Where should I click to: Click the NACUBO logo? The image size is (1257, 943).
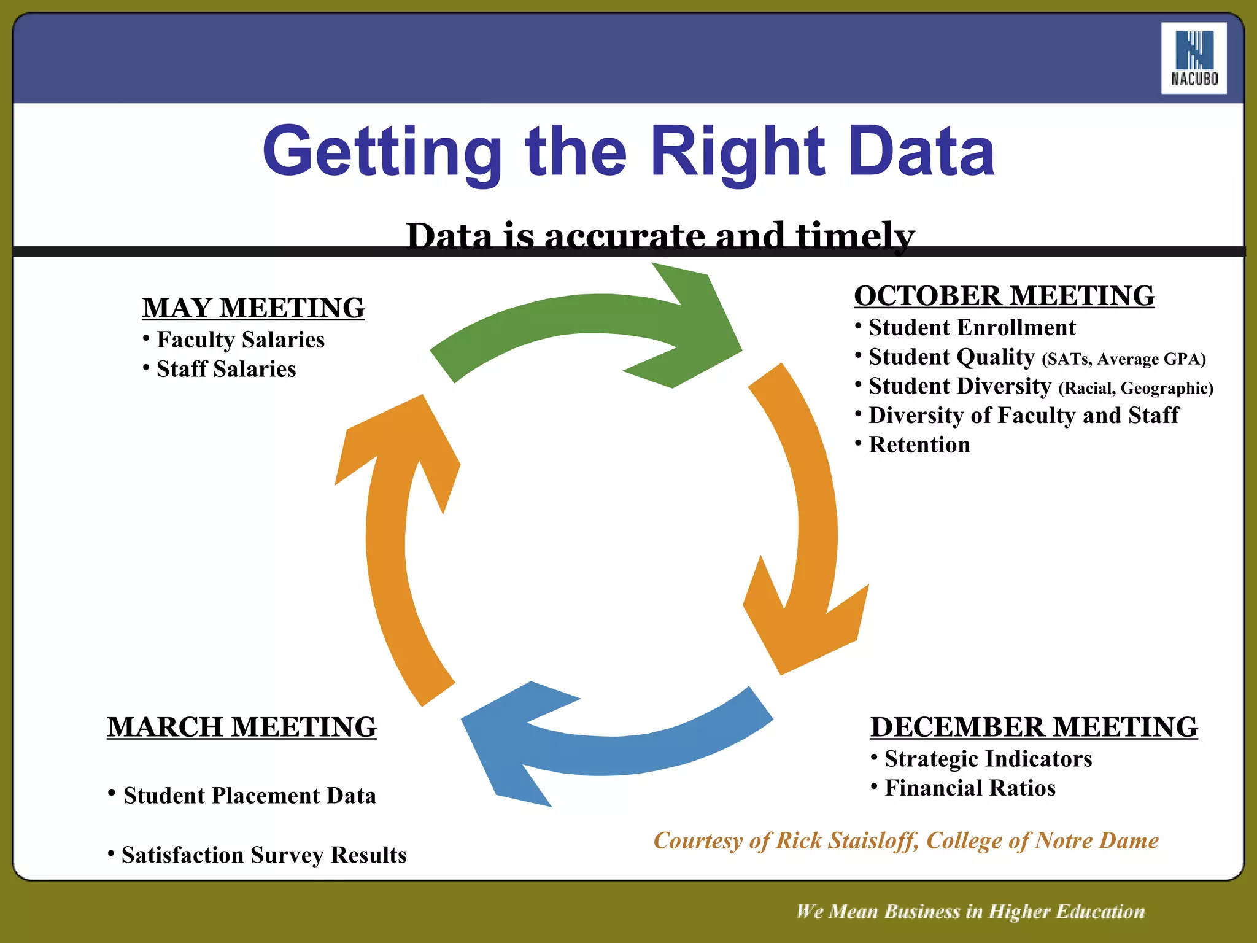tap(1193, 58)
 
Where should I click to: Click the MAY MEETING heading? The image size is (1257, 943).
tap(253, 308)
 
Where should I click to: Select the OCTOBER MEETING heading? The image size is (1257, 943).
tap(1004, 295)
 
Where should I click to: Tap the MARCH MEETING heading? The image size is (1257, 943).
tap(242, 727)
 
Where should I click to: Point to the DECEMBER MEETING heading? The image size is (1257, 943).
tap(1034, 727)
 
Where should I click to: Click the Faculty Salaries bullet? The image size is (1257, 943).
tap(240, 340)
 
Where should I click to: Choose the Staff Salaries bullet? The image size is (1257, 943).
tap(226, 369)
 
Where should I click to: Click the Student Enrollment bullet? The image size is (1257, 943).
tap(972, 327)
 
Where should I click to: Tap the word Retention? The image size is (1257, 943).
tap(919, 444)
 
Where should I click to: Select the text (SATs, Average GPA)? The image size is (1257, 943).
tap(1123, 359)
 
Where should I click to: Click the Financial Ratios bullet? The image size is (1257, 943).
tap(970, 788)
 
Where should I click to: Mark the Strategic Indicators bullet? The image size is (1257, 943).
tap(988, 759)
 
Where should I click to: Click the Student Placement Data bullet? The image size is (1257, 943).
tap(249, 796)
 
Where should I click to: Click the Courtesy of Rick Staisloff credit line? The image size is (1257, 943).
tap(906, 840)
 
